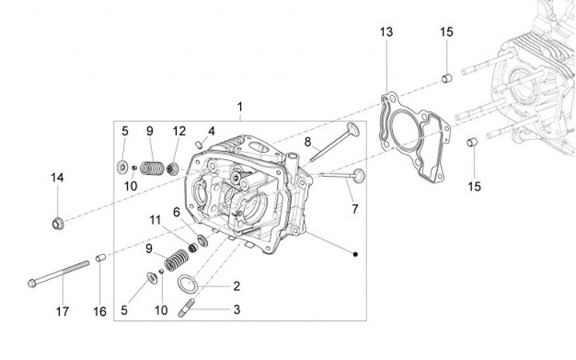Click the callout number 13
pos(386,32)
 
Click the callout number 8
pos(306,142)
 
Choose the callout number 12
pos(179,130)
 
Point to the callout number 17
pos(62,311)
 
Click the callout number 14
pos(57,177)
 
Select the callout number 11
pos(154,219)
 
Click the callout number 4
pos(211,130)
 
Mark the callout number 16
pos(100,311)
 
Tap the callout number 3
pos(237,309)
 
